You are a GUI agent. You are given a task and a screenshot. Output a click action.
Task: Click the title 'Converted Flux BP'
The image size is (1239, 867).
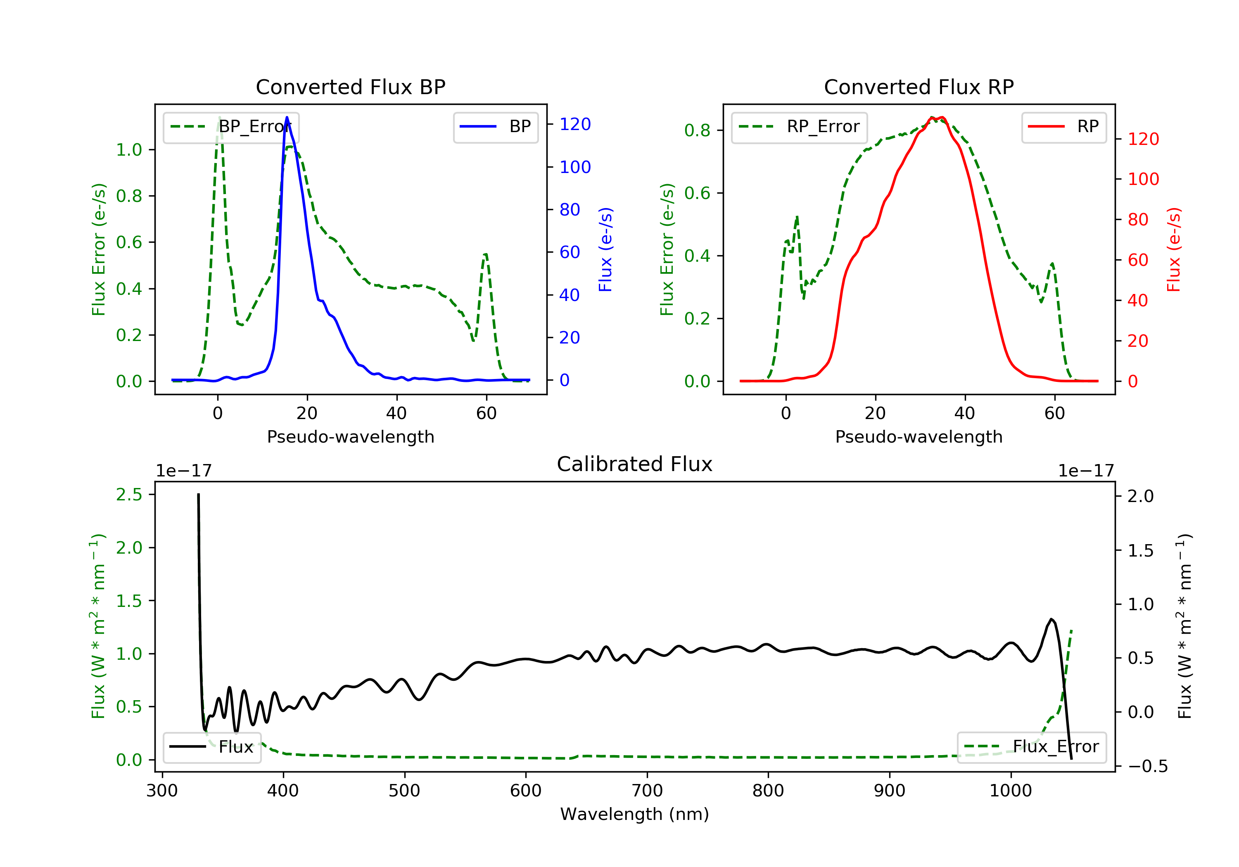click(x=350, y=87)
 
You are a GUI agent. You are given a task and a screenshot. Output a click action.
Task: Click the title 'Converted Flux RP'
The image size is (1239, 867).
click(x=919, y=87)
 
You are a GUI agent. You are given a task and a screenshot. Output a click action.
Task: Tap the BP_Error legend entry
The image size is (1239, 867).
click(x=231, y=127)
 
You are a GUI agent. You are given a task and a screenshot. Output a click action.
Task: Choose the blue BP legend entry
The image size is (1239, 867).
click(x=495, y=127)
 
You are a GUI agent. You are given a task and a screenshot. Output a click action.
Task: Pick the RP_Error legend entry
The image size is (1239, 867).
click(x=799, y=127)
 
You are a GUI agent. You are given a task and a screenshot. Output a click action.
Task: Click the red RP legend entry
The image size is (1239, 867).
click(x=1063, y=127)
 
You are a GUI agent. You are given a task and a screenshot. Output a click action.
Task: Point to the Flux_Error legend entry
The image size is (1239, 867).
click(x=1031, y=747)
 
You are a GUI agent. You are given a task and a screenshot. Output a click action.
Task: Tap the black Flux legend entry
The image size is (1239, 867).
click(x=212, y=747)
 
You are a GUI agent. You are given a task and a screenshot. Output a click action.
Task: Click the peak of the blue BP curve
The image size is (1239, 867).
click(x=287, y=118)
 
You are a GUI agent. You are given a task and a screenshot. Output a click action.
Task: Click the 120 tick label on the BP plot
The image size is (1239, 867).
click(x=575, y=125)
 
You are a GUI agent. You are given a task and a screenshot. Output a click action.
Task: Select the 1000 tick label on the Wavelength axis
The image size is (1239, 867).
click(x=1010, y=791)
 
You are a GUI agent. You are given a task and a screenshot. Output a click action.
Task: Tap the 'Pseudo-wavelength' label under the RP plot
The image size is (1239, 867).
click(x=919, y=437)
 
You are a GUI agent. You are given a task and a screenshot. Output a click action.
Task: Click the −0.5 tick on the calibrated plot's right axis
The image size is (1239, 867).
click(x=1147, y=767)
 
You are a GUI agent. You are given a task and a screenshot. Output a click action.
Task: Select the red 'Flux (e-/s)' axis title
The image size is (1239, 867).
click(x=1174, y=249)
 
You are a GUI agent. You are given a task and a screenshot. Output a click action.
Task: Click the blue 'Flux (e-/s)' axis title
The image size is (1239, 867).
click(x=605, y=249)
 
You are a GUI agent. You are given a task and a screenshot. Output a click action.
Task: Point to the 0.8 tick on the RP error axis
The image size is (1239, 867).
click(x=697, y=130)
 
